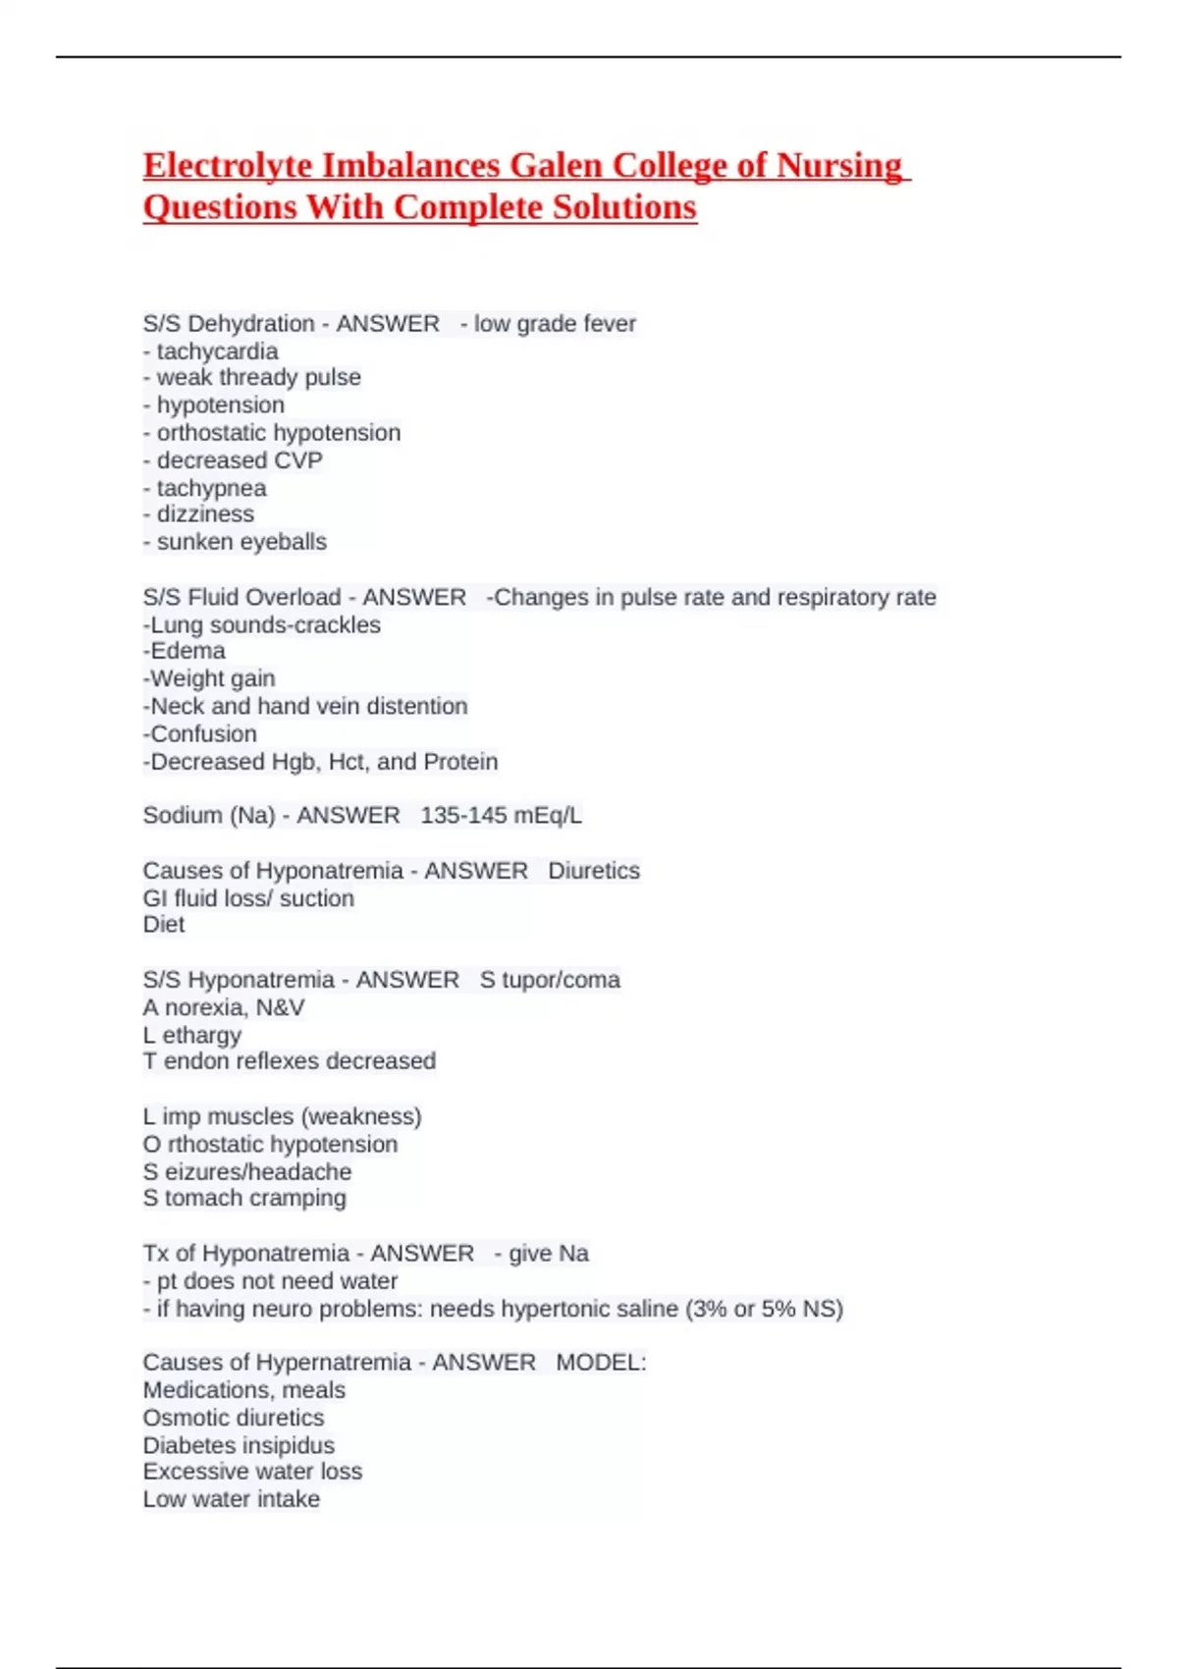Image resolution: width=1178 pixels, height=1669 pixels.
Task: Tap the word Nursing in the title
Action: pos(839,166)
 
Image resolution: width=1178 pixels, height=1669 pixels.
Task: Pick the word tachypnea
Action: pos(211,488)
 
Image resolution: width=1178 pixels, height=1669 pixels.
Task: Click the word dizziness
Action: pos(205,514)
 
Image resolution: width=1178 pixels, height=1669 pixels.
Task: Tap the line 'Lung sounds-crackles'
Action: pos(262,625)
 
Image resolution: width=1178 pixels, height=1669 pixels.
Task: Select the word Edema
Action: pos(187,651)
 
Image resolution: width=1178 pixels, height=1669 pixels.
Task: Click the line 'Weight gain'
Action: pos(212,678)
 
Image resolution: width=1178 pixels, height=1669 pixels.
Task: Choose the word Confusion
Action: pos(203,734)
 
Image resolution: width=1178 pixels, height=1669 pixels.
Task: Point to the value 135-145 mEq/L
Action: pos(501,816)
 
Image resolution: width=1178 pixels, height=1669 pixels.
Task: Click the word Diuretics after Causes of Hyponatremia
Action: pos(594,871)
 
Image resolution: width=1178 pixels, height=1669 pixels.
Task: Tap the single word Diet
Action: pos(164,925)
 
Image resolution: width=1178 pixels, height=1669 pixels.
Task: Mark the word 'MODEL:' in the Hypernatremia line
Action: pos(601,1363)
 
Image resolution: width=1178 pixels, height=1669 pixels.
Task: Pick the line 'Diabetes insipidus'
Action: pos(239,1445)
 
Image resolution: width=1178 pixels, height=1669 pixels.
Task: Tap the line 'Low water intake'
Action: pos(232,1499)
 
